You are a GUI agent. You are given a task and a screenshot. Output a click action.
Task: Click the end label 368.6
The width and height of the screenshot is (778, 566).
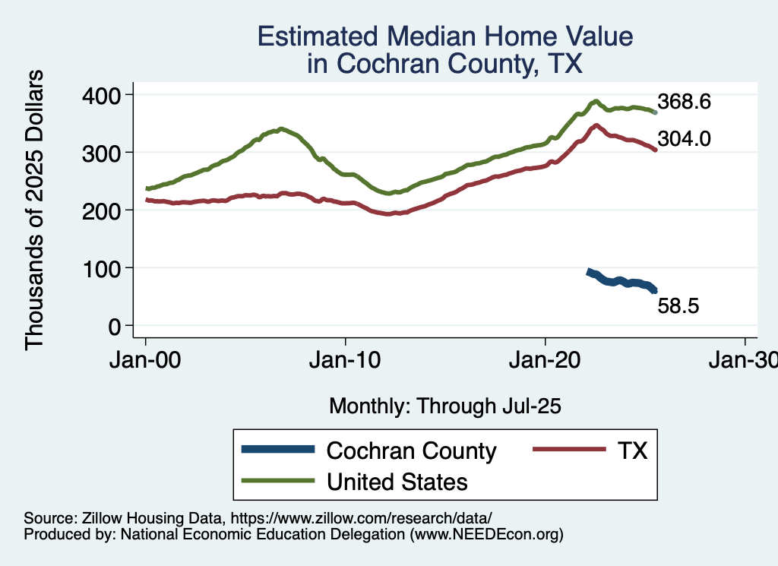tap(684, 102)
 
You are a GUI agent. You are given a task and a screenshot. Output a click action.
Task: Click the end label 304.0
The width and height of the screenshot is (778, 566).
tap(684, 139)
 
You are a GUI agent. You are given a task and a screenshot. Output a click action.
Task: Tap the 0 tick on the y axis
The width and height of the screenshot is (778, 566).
tap(115, 326)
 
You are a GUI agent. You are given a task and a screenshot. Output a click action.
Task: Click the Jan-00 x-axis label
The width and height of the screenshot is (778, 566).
tap(146, 361)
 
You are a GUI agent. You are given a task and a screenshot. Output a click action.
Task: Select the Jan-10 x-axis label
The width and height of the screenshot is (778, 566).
tap(346, 361)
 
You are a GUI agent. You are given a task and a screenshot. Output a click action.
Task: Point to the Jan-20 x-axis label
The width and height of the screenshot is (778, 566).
tap(546, 361)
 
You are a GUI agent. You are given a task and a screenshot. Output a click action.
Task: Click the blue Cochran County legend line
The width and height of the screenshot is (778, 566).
tap(278, 450)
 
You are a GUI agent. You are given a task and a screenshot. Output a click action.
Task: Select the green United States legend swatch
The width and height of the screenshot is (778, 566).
tap(278, 481)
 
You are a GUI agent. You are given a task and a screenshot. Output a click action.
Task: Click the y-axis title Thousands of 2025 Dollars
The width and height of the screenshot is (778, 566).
tap(35, 210)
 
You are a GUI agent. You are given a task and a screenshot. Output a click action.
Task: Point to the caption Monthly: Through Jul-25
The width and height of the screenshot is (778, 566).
tap(444, 406)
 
